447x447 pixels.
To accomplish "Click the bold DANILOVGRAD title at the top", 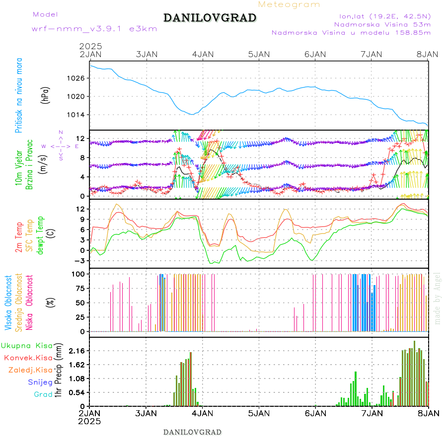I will [210, 18].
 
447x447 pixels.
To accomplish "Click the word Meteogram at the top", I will [290, 4].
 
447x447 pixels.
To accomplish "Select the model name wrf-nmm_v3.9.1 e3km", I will [94, 29].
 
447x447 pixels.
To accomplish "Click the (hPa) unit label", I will [45, 95].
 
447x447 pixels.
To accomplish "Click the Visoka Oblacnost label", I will [8, 302].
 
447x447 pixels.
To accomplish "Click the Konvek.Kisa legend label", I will [28, 358].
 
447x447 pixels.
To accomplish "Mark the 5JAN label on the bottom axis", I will [258, 413].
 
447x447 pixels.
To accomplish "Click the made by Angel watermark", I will [438, 298].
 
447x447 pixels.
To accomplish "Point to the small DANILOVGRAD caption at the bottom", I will [192, 432].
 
